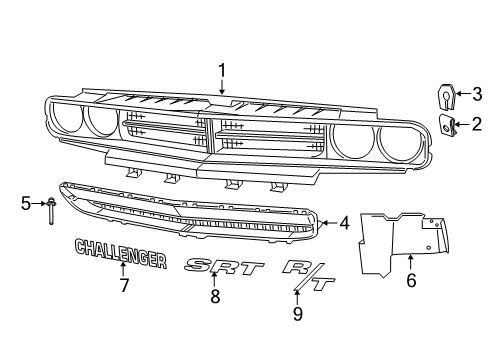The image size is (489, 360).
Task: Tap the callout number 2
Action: point(477,124)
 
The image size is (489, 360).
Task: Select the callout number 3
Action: point(477,95)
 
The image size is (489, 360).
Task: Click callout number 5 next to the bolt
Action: point(26,204)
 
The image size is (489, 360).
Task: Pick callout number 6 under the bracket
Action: point(411,284)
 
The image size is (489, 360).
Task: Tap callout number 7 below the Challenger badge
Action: point(124,286)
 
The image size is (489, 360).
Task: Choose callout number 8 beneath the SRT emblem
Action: point(213,296)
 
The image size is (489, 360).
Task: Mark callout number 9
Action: point(295,312)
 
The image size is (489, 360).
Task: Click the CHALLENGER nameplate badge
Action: point(119,254)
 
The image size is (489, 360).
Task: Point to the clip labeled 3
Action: point(445,97)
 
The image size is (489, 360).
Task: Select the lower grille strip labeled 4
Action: point(190,215)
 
